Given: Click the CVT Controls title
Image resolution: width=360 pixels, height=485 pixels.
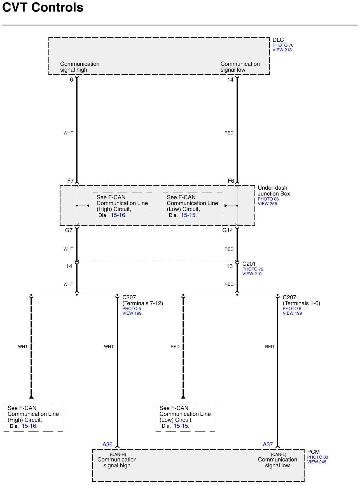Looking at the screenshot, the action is pos(43,8).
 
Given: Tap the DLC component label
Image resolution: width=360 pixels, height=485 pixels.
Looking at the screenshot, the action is pos(278,40).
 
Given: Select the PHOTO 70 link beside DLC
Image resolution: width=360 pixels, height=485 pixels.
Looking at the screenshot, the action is pos(283,45).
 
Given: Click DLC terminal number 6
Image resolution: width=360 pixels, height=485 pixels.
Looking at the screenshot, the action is pos(71,80).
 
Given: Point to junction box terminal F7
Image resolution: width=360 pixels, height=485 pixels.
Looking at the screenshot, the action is pos(70,181).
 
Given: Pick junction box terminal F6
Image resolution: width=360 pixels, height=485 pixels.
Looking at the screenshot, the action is pos(231,181).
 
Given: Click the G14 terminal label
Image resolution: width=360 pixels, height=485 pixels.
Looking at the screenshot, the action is pos(228,230).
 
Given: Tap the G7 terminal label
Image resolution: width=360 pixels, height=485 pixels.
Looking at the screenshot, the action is pos(69,230).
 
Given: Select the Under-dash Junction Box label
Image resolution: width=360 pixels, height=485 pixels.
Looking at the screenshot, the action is pos(273,191).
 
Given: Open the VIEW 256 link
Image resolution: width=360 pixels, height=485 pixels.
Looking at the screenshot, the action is pos(267,204).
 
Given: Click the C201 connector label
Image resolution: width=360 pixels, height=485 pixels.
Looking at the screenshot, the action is pos(249,264).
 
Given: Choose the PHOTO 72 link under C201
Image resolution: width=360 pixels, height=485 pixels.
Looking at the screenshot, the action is pos(253,269).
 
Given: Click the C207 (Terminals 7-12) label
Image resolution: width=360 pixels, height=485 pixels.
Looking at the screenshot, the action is pos(142,300).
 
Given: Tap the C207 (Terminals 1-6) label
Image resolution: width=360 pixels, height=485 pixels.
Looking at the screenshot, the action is pos(301,300).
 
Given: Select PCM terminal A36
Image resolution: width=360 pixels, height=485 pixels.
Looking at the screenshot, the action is pos(107,444).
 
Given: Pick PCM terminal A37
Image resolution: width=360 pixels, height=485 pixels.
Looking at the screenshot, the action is pos(268,444).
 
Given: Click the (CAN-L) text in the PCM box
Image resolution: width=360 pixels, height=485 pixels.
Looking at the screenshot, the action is pos(278,455).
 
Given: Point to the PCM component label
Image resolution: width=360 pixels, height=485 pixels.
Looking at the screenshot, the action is pos(313,452).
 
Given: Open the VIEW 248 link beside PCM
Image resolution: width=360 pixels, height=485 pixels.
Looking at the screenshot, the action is pos(317,462).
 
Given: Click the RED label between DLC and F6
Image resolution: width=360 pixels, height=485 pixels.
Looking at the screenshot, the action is pos(229,133).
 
